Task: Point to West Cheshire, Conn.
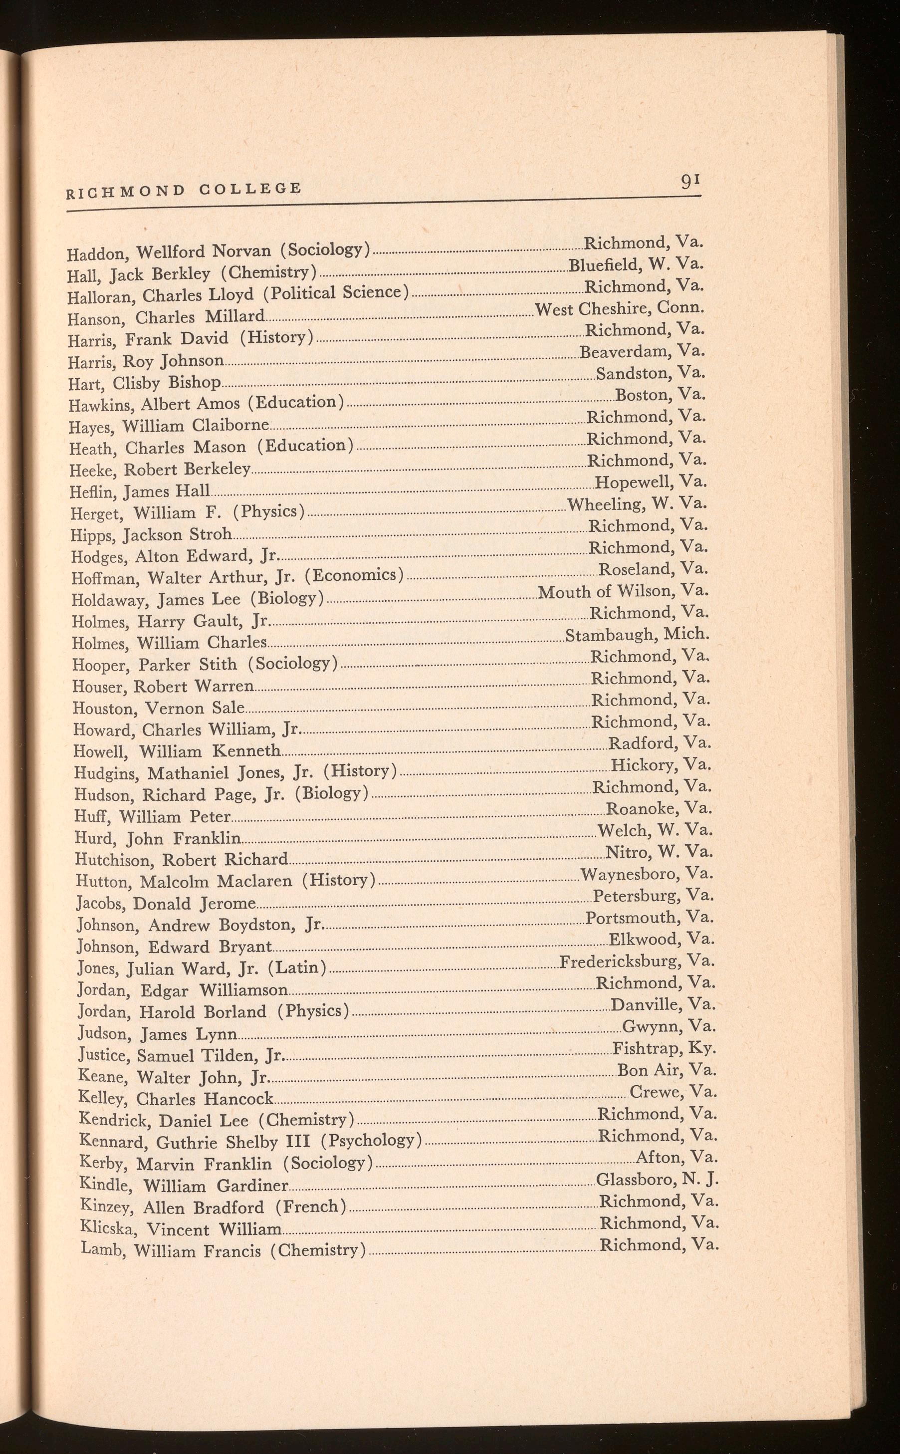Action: (619, 308)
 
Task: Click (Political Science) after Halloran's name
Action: (337, 293)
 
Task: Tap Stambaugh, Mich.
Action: (637, 635)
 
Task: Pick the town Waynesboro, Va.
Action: (647, 874)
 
